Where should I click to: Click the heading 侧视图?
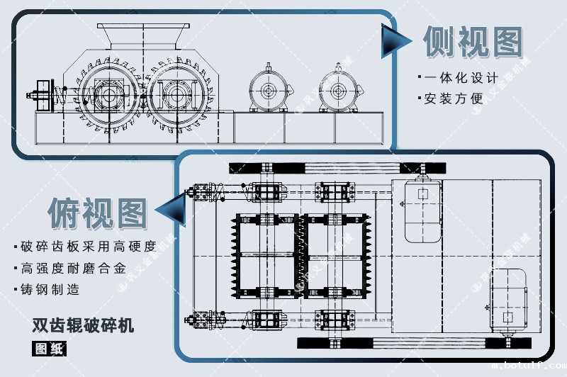[x=472, y=41]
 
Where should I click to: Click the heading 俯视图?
[x=98, y=210]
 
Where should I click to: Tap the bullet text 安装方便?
[x=454, y=99]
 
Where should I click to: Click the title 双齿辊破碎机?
[x=83, y=326]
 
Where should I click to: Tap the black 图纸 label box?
[x=49, y=348]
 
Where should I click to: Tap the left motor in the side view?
[x=269, y=90]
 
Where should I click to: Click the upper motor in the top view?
[x=422, y=210]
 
